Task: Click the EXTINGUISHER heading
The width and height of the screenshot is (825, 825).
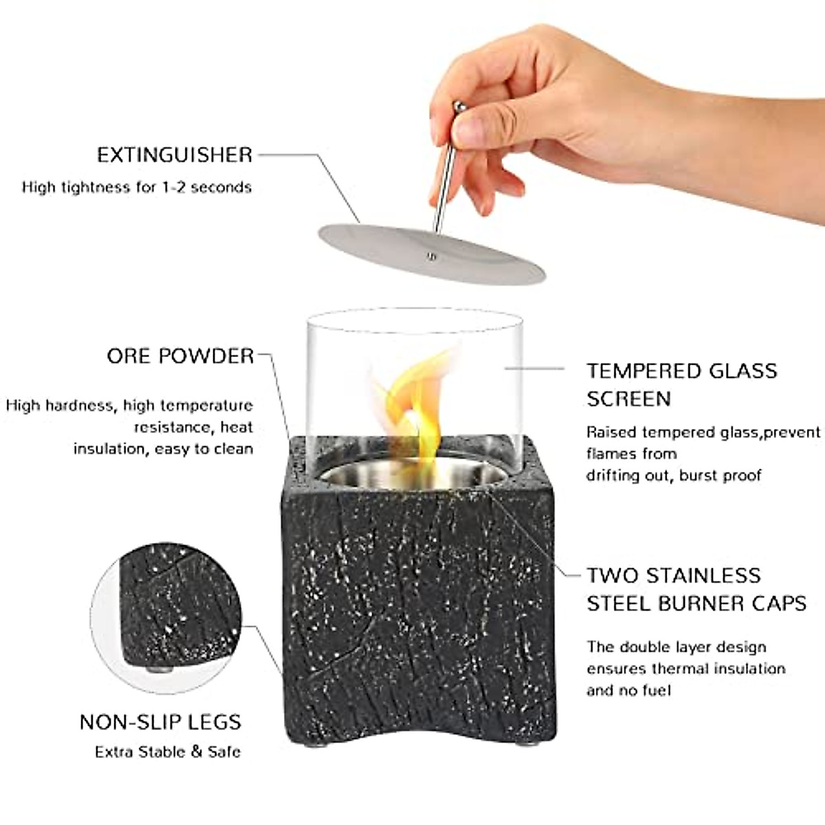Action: pyautogui.click(x=175, y=155)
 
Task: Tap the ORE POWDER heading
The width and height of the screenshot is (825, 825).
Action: pyautogui.click(x=180, y=356)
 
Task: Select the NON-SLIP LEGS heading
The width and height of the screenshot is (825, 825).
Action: pyautogui.click(x=160, y=722)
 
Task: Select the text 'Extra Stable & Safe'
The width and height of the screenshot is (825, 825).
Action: pyautogui.click(x=168, y=751)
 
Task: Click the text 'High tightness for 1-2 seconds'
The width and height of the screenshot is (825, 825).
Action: pyautogui.click(x=137, y=187)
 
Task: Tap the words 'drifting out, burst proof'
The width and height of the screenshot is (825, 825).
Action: pyautogui.click(x=673, y=476)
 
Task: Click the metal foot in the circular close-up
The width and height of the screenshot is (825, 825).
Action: pyautogui.click(x=159, y=667)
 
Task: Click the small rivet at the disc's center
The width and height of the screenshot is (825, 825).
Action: pyautogui.click(x=431, y=257)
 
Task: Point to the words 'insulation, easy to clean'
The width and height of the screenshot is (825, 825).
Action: pyautogui.click(x=163, y=449)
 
